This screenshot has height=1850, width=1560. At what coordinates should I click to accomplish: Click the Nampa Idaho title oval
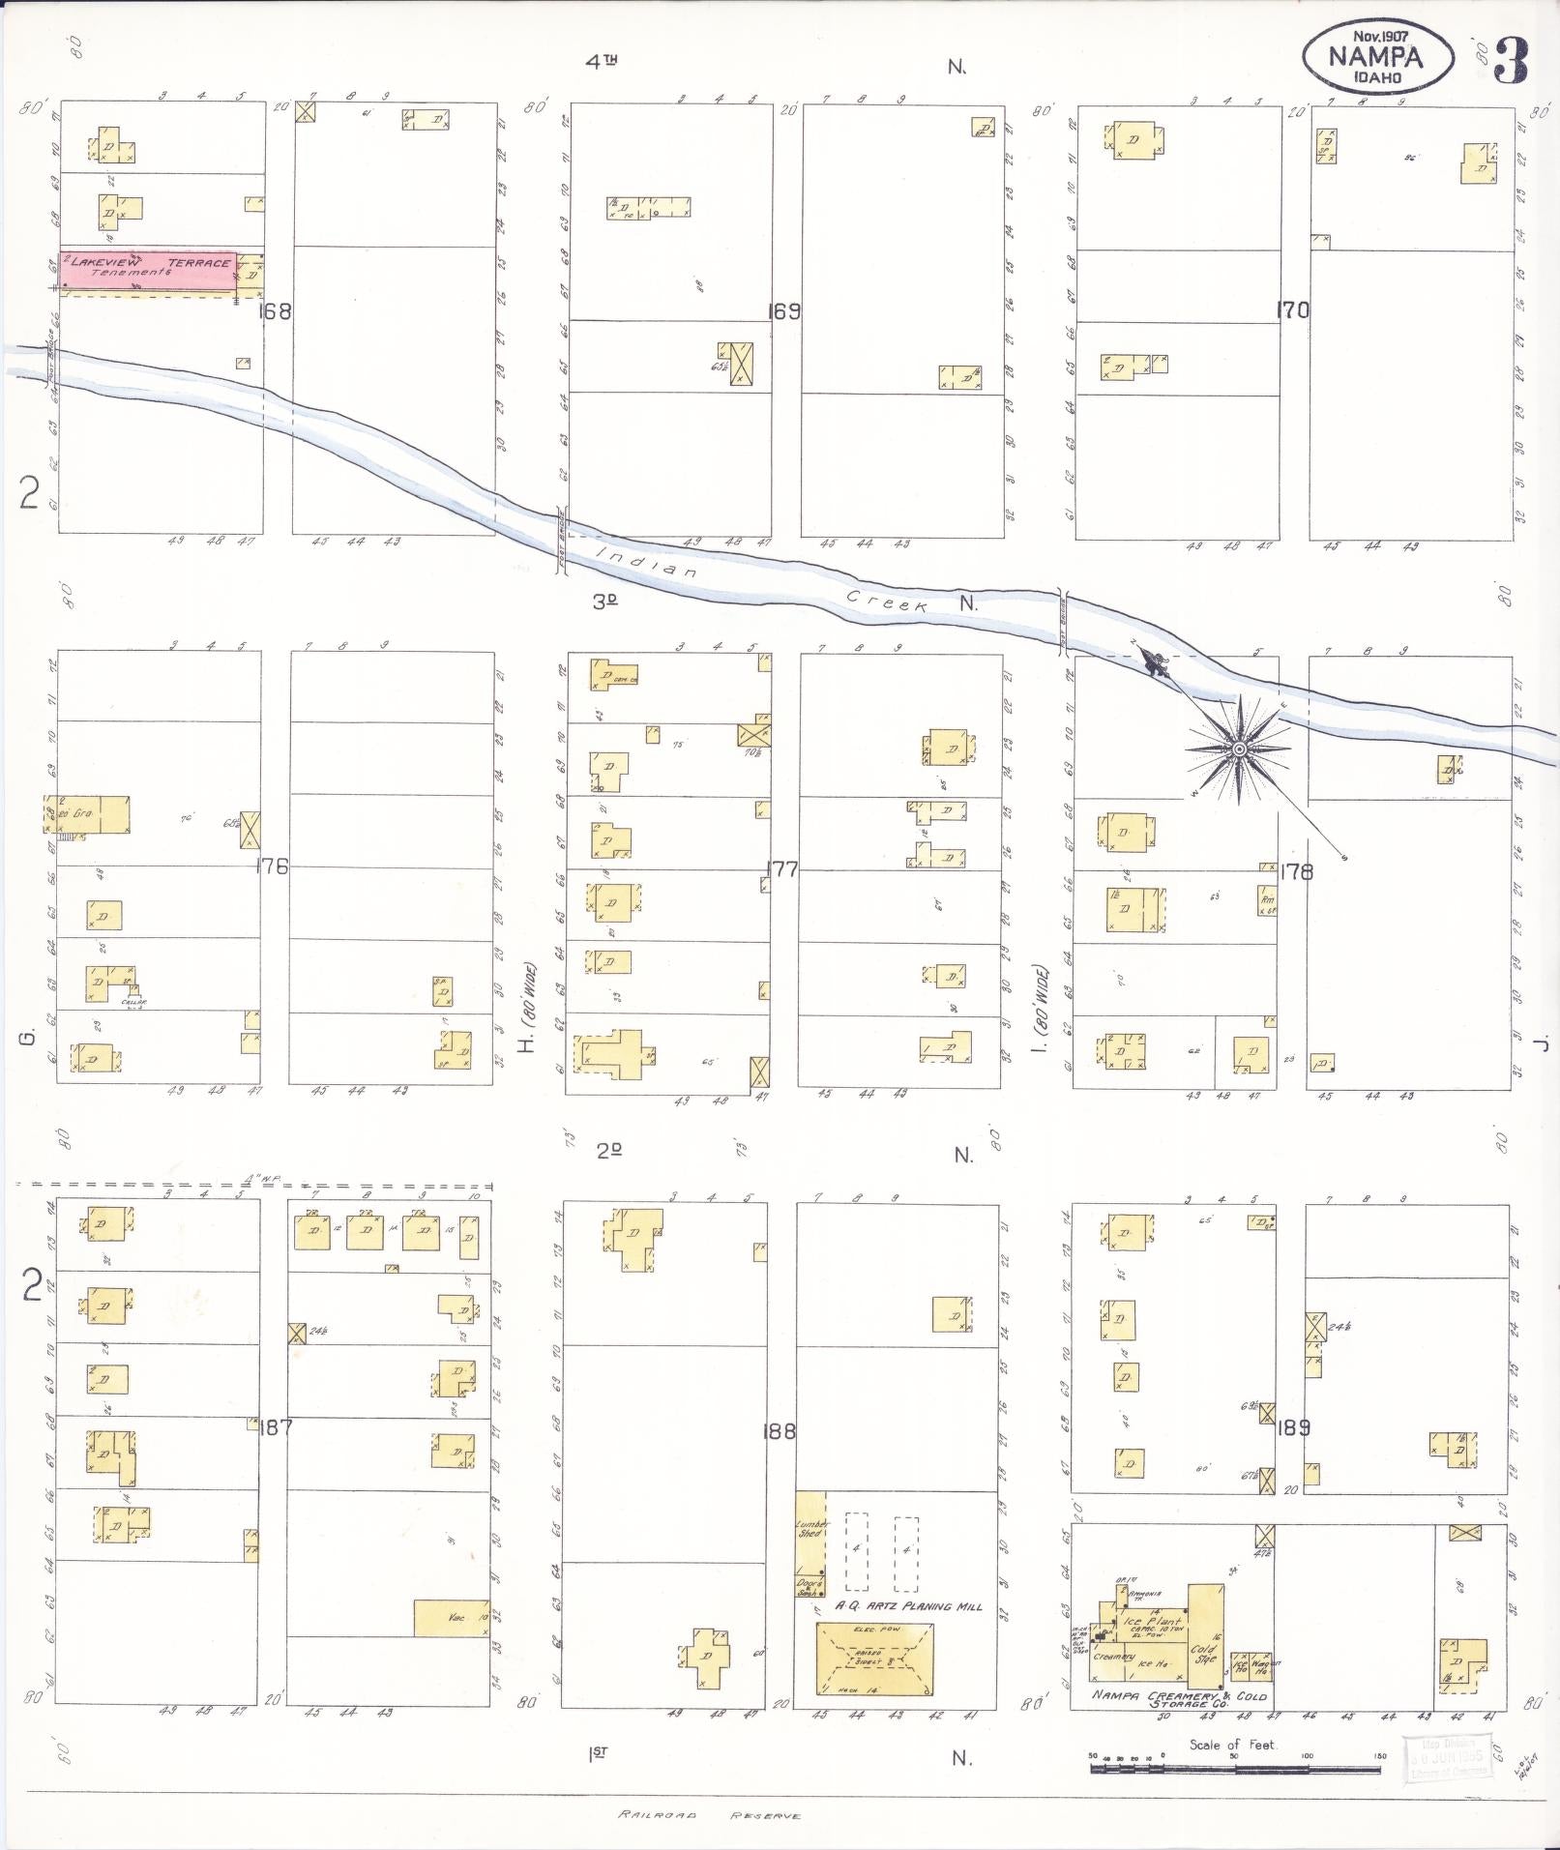pos(1376,55)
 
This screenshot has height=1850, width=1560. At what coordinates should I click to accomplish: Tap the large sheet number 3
pos(1510,61)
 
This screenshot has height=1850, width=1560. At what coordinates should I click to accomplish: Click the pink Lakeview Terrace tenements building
pos(148,270)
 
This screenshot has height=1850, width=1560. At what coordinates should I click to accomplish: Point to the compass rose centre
pos(1238,749)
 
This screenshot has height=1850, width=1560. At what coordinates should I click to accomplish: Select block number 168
pos(276,311)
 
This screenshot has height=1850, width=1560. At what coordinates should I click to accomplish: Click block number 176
pos(272,866)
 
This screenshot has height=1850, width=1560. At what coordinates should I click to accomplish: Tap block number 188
pos(779,1430)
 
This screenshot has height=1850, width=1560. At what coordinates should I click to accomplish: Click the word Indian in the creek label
pos(646,562)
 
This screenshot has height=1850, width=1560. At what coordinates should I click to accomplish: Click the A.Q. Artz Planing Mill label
pos(908,1606)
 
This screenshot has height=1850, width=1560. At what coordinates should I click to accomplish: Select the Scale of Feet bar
pos(1235,1769)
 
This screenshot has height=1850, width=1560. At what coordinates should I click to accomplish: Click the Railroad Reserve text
pos(710,1815)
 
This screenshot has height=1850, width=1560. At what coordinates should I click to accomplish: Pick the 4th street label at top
pos(601,63)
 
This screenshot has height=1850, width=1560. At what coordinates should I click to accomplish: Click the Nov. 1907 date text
pos(1380,36)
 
